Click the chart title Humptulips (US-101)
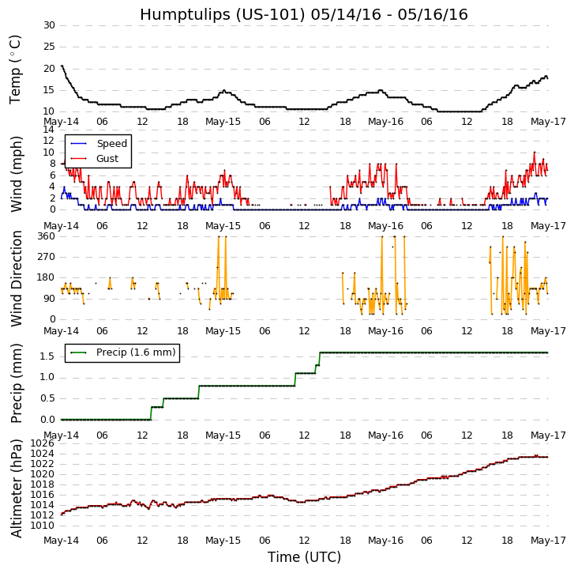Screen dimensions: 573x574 [304, 14]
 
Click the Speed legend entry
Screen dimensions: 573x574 [111, 144]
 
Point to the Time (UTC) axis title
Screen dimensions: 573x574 [304, 557]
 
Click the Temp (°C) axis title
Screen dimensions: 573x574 [16, 69]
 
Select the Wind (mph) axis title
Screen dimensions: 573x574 [17, 173]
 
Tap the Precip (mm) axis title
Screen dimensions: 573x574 [17, 383]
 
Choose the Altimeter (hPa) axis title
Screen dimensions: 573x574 [17, 488]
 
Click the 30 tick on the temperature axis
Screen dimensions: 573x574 [49, 25]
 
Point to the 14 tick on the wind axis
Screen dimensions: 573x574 [49, 130]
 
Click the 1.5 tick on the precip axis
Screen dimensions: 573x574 [47, 356]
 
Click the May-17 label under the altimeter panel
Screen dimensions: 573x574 [547, 541]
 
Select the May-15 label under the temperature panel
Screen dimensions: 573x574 [223, 122]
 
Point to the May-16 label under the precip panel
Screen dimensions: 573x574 [385, 435]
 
